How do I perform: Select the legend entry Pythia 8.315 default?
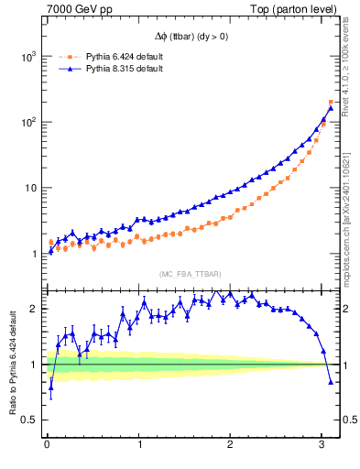coord(124,69)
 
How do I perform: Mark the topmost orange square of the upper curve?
coord(331,102)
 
